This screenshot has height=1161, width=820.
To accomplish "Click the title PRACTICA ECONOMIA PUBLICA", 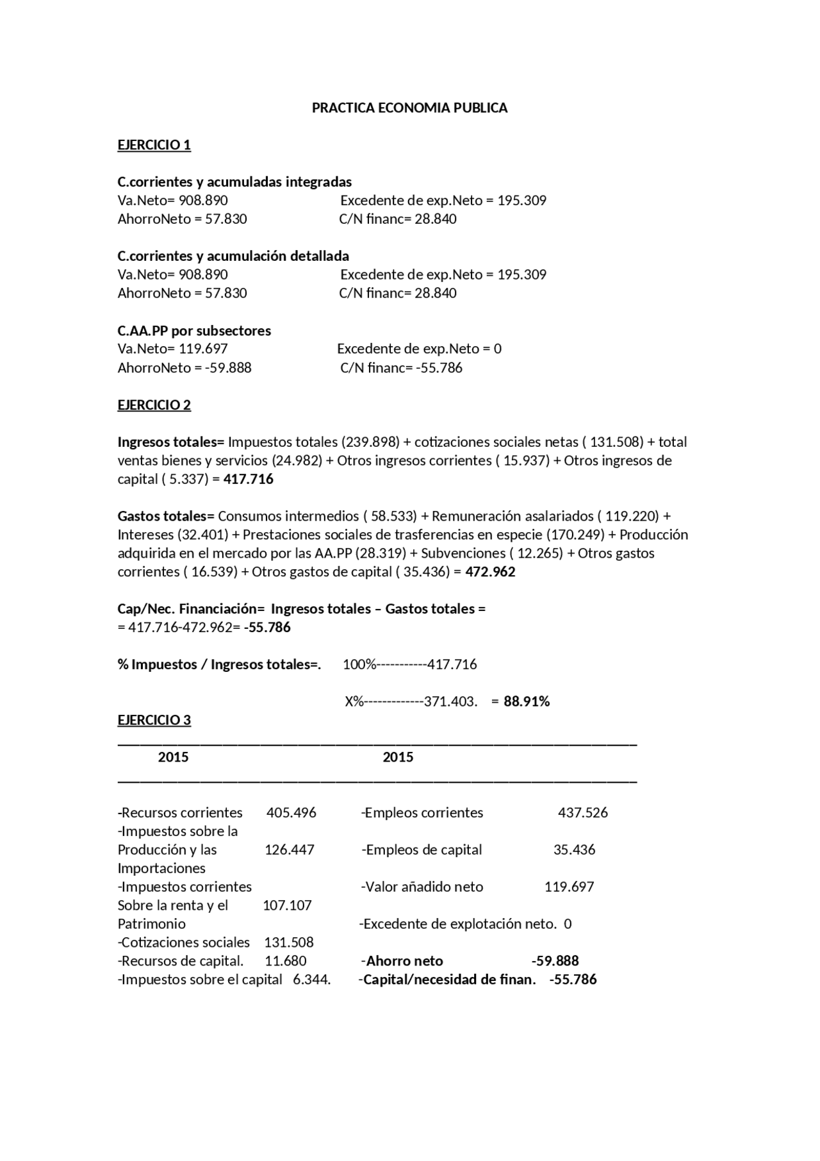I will (409, 108).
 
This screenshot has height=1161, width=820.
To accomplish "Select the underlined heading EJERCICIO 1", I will (154, 145).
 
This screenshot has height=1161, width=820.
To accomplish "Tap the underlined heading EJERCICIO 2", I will (154, 405).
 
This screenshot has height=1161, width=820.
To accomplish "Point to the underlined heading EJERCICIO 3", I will (154, 720).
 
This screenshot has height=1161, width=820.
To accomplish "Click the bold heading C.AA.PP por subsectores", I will (194, 331).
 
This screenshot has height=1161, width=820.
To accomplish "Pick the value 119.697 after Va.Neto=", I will (203, 349).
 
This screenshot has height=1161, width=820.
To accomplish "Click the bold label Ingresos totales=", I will (171, 442).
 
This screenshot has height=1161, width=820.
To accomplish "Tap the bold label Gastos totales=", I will (166, 516).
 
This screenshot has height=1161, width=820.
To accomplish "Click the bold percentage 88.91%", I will (527, 701).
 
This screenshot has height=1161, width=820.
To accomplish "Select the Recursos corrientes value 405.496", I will (291, 813).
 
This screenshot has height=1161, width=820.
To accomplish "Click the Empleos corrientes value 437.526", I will (583, 813).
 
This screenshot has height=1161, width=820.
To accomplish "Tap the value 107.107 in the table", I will (287, 905).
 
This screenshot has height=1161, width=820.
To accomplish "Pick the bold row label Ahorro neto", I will (404, 961).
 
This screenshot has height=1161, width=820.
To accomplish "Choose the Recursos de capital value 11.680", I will (286, 961).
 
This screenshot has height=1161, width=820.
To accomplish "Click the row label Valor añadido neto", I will (423, 887).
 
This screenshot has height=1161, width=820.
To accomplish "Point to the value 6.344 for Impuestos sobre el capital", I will (310, 980).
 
